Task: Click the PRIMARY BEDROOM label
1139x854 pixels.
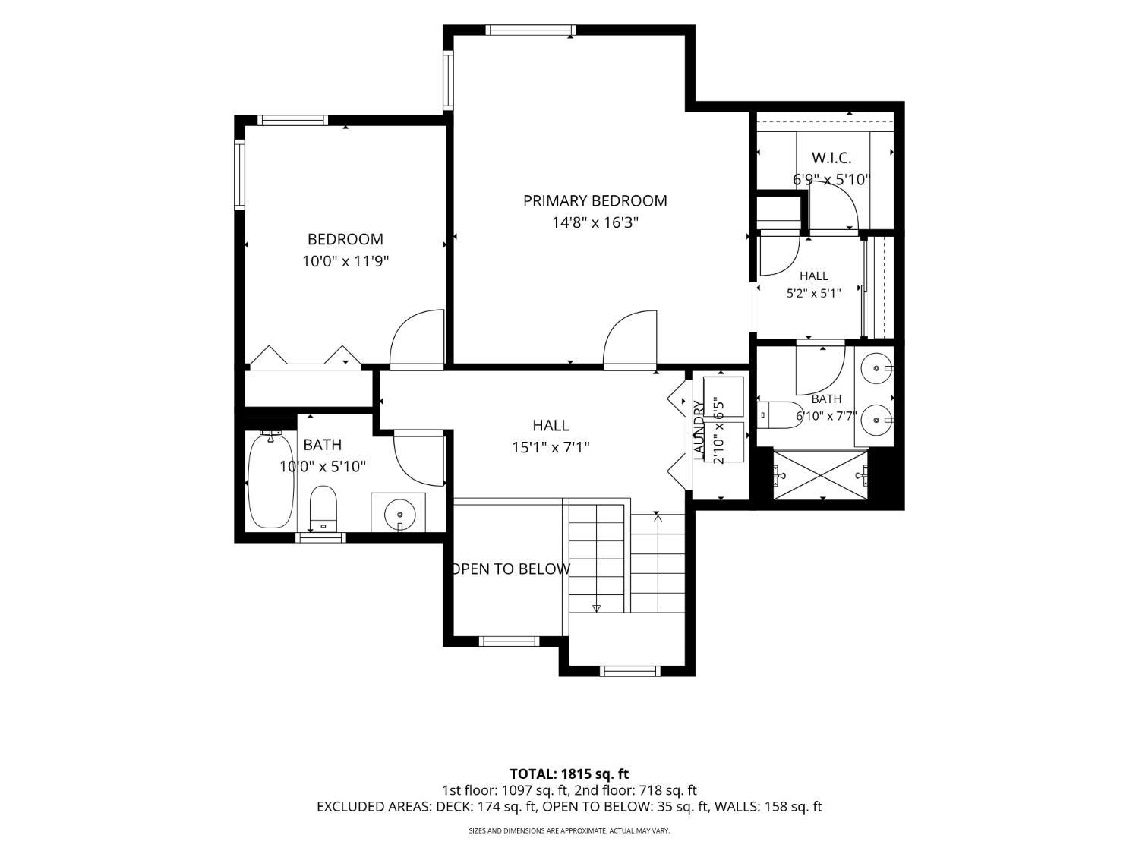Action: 595,200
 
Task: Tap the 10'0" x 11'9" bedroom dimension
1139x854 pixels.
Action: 345,261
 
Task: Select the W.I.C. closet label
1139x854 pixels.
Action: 831,158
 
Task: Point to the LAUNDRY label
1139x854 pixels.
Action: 699,430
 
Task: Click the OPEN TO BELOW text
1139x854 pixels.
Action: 511,569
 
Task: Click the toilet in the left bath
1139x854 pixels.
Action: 323,509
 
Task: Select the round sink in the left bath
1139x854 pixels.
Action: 399,515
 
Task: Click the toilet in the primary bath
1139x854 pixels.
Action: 779,414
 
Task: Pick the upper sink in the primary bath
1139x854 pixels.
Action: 876,367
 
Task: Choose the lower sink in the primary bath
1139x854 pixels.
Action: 876,419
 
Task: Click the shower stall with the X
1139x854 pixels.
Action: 820,475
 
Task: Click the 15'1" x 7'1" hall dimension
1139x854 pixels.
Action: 551,447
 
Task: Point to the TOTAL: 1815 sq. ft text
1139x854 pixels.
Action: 569,774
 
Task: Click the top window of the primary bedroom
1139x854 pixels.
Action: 530,30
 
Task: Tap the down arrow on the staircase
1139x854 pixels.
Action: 596,609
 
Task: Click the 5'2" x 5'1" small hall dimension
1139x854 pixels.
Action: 814,294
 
